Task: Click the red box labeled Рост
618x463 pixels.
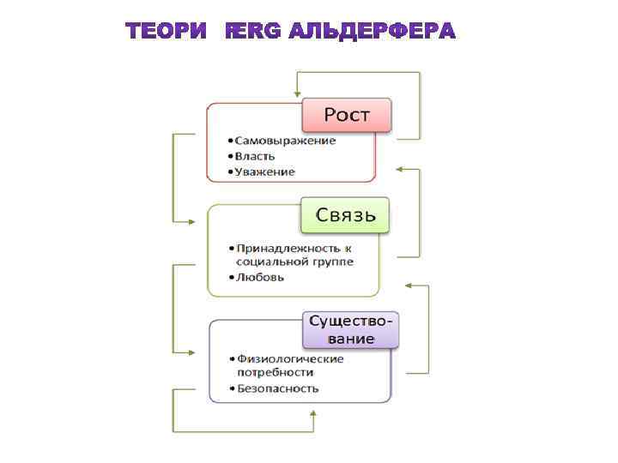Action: pos(346,115)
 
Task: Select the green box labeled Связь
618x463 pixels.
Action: pos(345,214)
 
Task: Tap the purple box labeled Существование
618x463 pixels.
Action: pos(353,329)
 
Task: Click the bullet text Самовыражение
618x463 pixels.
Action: pos(286,141)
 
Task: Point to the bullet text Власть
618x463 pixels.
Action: pos(257,156)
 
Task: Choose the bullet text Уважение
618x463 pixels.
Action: pos(266,171)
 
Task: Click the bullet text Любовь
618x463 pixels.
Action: pos(261,277)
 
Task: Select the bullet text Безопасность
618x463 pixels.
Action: pos(278,388)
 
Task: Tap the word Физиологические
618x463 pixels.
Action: pos(290,358)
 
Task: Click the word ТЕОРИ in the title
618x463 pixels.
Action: pos(167,32)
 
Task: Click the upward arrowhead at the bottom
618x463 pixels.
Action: pos(312,414)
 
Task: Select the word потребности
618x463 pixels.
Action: pos(275,373)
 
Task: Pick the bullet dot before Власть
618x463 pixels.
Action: pos(230,157)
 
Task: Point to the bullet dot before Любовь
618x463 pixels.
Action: pos(230,278)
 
